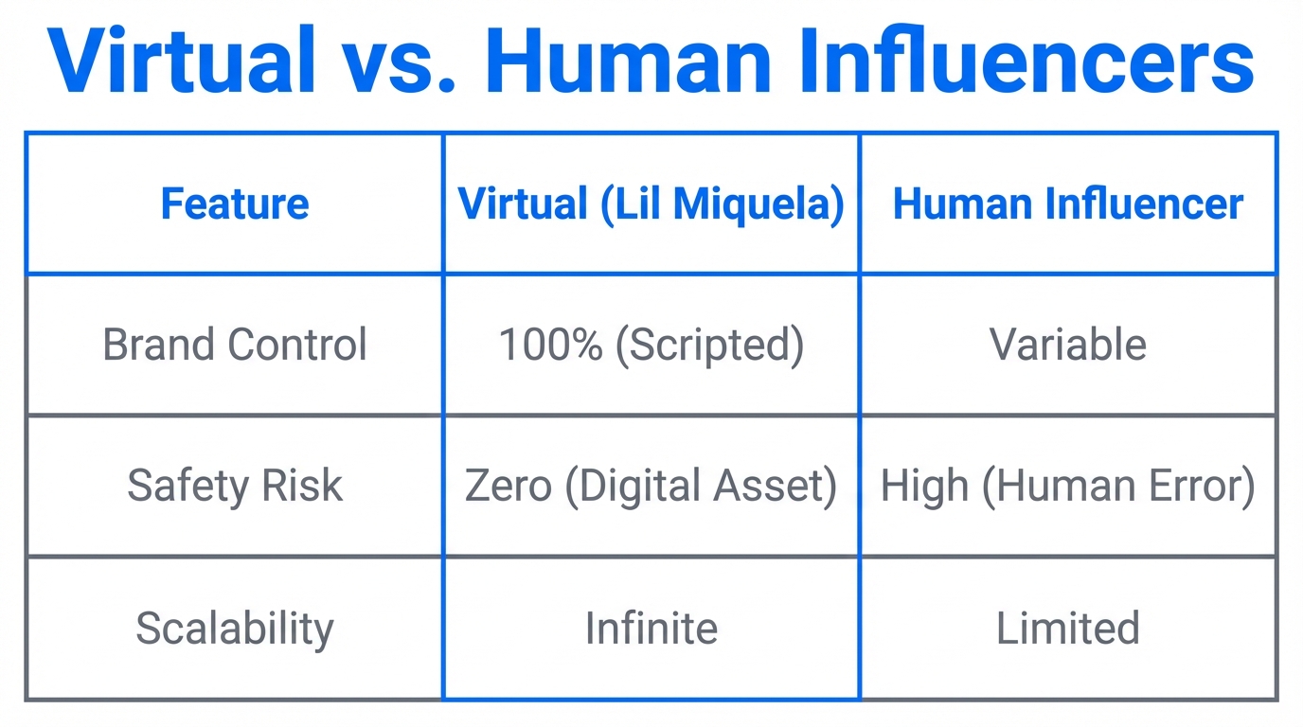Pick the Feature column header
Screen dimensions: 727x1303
[x=234, y=204]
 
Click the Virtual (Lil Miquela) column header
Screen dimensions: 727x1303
[x=651, y=204]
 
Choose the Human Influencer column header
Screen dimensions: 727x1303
[x=1067, y=204]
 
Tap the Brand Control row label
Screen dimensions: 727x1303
[x=234, y=345]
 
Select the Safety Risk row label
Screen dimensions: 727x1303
[x=234, y=486]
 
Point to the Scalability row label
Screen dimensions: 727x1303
[x=234, y=629]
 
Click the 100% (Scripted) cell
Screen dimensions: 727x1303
[x=651, y=345]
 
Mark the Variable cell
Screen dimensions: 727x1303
[x=1067, y=345]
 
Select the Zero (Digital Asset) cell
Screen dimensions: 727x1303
[x=651, y=486]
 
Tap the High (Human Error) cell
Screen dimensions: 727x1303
[x=1067, y=486]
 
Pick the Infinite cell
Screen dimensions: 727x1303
[x=651, y=629]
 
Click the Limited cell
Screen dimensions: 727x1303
[x=1067, y=629]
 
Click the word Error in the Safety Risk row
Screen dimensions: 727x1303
[x=1201, y=486]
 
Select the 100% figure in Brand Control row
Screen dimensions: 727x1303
[x=550, y=345]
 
